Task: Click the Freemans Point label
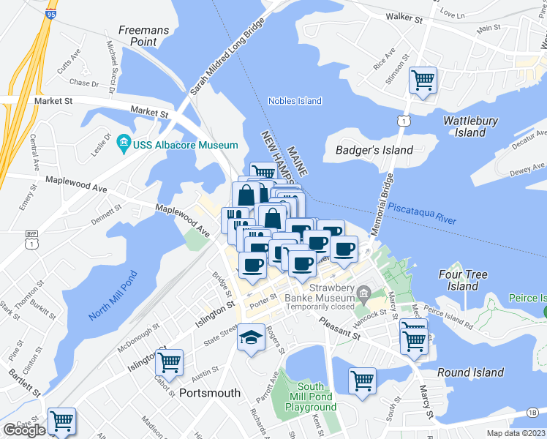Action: [x=143, y=36]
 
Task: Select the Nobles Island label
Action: [x=295, y=101]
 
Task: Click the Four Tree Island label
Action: [x=463, y=281]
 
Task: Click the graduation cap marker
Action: [x=251, y=337]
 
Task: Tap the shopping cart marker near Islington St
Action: [x=169, y=361]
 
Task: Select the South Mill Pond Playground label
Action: [x=311, y=397]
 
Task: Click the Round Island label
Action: [x=470, y=372]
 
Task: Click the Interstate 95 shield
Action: [x=50, y=13]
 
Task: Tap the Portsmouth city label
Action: [x=210, y=393]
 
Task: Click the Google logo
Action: [x=24, y=430]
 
